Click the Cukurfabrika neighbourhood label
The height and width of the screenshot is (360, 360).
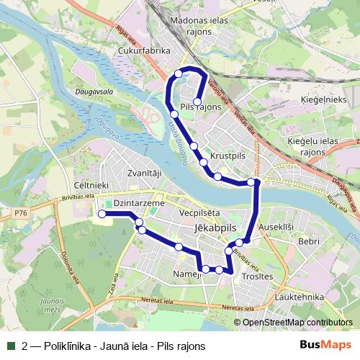pyautogui.click(x=144, y=51)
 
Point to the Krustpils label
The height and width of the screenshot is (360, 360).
pyautogui.click(x=228, y=156)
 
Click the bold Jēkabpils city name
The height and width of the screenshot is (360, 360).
pyautogui.click(x=216, y=226)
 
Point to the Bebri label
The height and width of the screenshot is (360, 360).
pyautogui.click(x=309, y=241)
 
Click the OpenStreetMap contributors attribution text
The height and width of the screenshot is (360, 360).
pyautogui.click(x=297, y=322)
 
